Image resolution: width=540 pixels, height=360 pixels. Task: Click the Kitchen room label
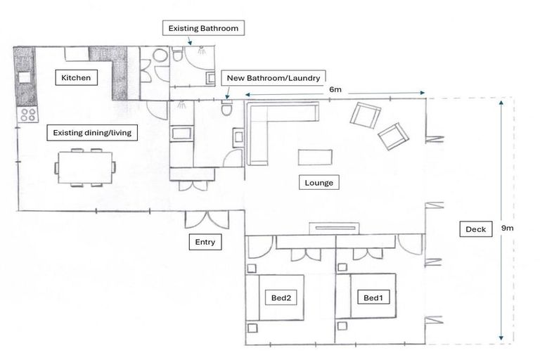(76, 77)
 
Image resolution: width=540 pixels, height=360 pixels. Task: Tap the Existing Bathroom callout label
(203, 29)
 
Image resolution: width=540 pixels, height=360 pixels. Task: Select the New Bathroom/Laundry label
(274, 78)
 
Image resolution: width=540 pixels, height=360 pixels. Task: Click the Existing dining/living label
(89, 132)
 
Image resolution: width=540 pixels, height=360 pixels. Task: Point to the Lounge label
(319, 183)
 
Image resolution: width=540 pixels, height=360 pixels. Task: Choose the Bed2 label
(281, 298)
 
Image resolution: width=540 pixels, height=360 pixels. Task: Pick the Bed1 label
(372, 298)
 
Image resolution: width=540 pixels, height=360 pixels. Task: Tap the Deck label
(475, 229)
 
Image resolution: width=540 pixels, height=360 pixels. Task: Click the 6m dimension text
(335, 89)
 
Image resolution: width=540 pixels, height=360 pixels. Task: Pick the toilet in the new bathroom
(226, 109)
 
